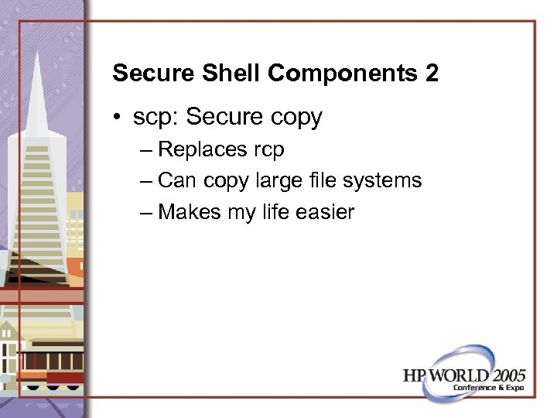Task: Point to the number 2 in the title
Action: [x=432, y=74]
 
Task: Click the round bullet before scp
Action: [x=117, y=118]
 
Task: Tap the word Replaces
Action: [x=197, y=150]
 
